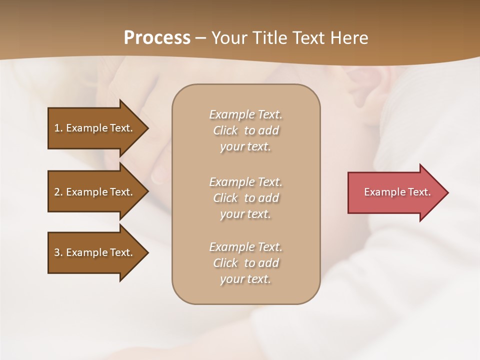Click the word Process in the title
[157, 38]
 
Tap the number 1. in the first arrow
[58, 128]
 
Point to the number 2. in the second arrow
[58, 192]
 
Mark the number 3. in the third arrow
[58, 253]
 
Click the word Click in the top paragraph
[225, 131]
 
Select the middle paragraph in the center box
[245, 198]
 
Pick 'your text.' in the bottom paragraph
[245, 279]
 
